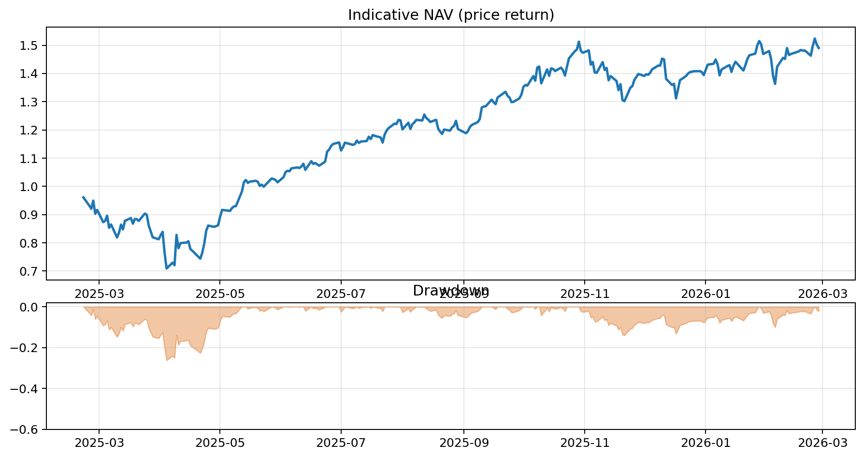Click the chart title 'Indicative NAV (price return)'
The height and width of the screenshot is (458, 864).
point(450,15)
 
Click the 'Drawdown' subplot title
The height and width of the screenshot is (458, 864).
point(450,291)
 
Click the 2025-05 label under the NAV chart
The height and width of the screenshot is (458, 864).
point(220,293)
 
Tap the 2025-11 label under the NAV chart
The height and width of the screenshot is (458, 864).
point(584,293)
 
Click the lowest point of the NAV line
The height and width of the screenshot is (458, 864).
point(166,268)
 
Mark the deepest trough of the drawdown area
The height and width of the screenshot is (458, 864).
point(167,360)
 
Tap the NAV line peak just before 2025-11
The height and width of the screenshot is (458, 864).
point(579,42)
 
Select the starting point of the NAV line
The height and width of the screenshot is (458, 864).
point(83,197)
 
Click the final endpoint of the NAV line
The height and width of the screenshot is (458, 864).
point(819,48)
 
